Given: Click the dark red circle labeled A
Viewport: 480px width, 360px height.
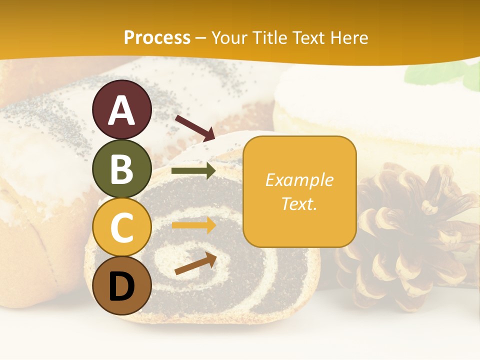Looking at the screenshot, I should pyautogui.click(x=122, y=109).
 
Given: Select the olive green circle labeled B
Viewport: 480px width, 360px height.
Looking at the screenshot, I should pyautogui.click(x=122, y=168).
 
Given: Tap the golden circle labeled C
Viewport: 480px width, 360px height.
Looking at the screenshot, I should pyautogui.click(x=122, y=227).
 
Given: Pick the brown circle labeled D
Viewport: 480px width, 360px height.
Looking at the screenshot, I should pyautogui.click(x=122, y=286).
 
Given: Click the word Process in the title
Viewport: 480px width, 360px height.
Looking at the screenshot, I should pyautogui.click(x=157, y=37).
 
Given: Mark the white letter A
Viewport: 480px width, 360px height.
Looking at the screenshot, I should pyautogui.click(x=122, y=110).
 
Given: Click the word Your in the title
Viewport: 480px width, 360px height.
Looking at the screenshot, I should pyautogui.click(x=230, y=37).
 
